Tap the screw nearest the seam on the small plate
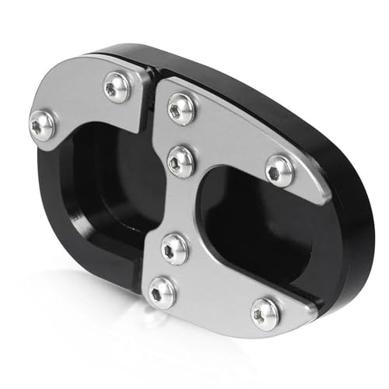117,87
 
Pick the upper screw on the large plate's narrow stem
180,160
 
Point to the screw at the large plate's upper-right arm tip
279,169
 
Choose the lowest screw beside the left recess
162,291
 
